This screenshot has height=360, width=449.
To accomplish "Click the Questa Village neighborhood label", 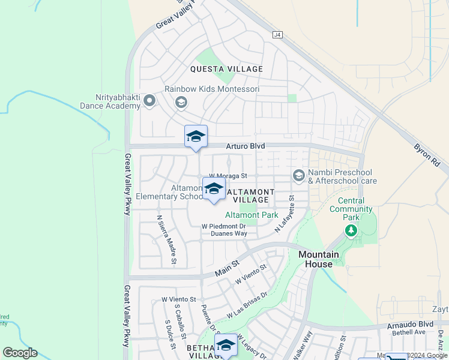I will tap(226, 69).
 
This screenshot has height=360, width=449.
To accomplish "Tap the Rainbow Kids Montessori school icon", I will tap(181, 103).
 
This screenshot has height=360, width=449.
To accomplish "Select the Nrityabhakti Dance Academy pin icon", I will tap(149, 101).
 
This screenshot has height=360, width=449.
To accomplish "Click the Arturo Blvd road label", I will tap(245, 146).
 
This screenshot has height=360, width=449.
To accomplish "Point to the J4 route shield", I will tap(277, 35).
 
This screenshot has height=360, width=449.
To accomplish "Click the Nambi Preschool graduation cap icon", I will tap(298, 175).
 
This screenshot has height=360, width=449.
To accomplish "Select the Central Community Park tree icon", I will tap(351, 230).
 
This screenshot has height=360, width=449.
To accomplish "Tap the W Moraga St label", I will tap(228, 175).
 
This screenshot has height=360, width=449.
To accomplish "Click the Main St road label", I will tap(228, 263).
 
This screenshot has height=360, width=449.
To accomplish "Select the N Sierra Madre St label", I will tap(166, 239).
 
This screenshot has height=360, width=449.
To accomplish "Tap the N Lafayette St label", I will tap(285, 214).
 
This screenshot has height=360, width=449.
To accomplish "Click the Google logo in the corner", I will tap(20, 353).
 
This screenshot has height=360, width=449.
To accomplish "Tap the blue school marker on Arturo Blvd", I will tap(196, 137).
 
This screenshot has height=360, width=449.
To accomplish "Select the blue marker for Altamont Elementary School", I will tap(214, 190).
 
